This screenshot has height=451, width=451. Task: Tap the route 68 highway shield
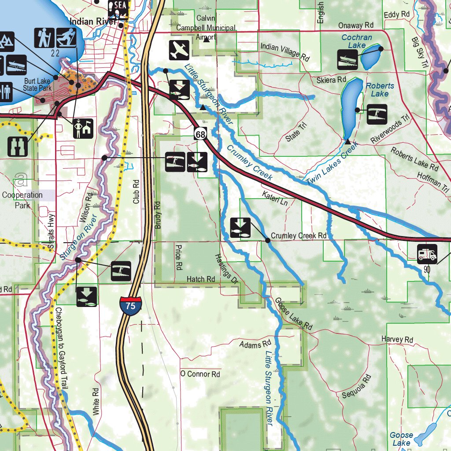click(200, 134)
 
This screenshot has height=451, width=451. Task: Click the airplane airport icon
click(179, 50)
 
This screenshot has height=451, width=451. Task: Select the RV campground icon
click(427, 254)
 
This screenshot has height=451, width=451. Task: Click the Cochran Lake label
click(357, 41)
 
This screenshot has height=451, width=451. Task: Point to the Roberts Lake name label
click(380, 90)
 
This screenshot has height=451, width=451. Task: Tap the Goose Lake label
click(401, 439)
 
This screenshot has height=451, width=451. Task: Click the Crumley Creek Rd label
click(299, 236)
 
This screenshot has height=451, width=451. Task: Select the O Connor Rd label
click(200, 374)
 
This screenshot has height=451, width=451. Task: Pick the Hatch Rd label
click(200, 279)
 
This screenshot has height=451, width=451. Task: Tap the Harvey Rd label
click(397, 339)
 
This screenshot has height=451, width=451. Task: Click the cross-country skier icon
click(66, 38)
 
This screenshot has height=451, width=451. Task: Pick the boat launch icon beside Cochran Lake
click(347, 59)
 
